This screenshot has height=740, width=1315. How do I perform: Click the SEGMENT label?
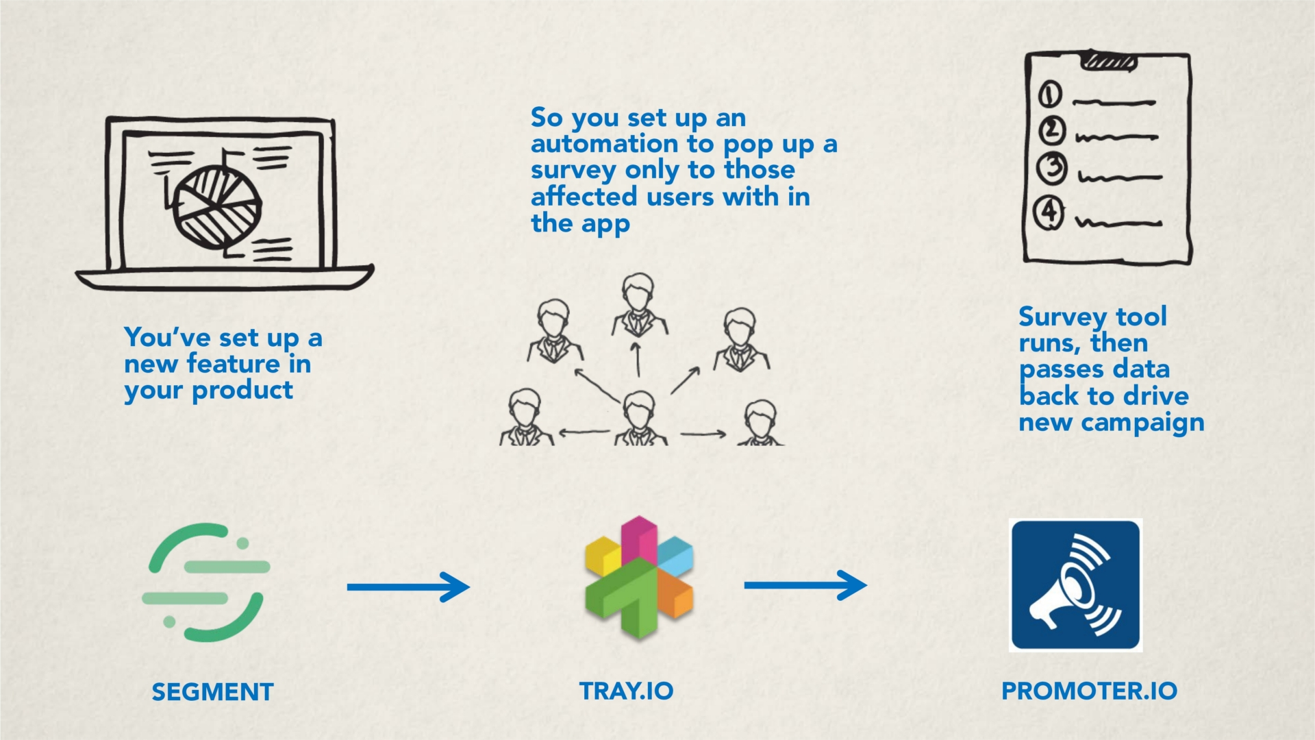212,692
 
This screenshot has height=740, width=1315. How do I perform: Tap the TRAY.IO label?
626,691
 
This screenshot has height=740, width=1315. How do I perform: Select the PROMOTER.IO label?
1089,691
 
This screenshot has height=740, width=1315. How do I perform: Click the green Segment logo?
206,582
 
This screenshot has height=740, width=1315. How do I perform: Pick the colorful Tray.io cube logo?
639,578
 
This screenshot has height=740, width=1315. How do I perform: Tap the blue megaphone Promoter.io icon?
1075,585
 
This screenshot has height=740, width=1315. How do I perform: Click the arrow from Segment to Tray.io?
408,587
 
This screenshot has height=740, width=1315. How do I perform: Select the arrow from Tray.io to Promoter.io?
805,585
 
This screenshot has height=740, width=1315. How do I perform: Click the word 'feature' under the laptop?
234,364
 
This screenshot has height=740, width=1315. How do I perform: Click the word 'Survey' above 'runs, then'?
1063,318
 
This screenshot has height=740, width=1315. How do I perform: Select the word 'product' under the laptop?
242,391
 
